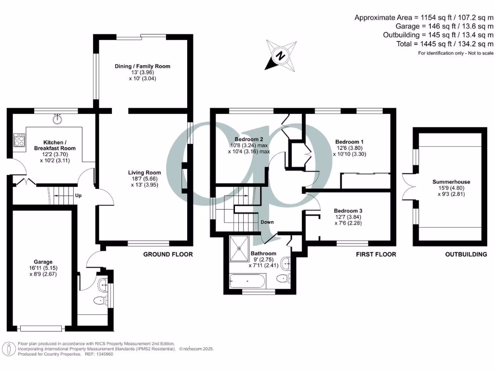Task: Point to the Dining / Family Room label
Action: pos(142,66)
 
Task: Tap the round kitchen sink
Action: pos(58,117)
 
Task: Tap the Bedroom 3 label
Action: pos(348,211)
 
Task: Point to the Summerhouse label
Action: pos(451,182)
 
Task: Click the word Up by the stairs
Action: pos(78,196)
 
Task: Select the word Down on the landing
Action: pos(267,222)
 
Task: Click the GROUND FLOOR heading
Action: pos(168,254)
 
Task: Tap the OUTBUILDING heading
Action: pos(466,254)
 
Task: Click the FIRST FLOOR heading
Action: pos(375,254)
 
